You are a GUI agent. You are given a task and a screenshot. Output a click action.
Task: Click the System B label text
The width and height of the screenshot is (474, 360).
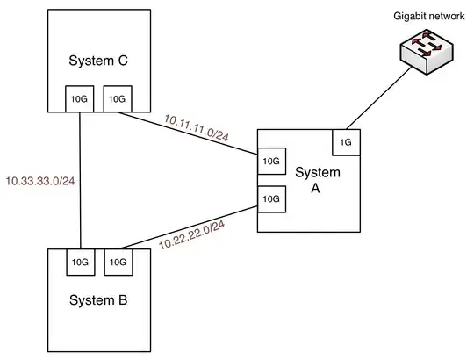(99, 300)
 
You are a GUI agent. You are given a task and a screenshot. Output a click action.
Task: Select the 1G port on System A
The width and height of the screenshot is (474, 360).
(345, 140)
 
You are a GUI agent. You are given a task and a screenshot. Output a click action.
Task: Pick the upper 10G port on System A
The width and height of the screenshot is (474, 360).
(269, 162)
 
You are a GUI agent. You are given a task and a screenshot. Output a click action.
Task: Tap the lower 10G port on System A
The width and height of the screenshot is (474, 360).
(269, 200)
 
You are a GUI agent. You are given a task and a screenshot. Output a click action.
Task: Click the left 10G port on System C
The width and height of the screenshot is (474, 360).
(79, 99)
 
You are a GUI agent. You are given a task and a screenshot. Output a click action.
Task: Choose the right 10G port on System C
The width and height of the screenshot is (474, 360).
(117, 99)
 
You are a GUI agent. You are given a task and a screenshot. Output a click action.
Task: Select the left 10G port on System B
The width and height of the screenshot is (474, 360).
(79, 261)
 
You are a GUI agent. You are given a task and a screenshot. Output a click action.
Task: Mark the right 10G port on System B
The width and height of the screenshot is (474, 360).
(117, 261)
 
